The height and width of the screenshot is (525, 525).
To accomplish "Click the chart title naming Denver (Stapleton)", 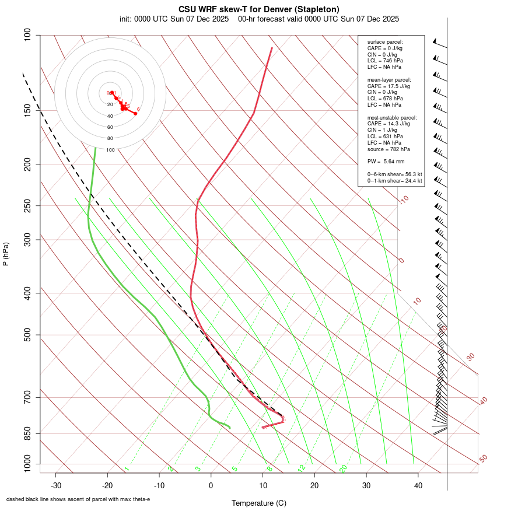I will (x=259, y=9).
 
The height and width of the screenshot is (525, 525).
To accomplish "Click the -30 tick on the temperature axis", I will (x=56, y=485).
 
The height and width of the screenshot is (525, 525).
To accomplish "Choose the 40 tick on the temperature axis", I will (x=418, y=485).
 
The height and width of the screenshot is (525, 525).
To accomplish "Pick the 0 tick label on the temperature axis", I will (x=211, y=485).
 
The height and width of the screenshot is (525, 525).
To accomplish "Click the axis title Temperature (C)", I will (x=258, y=503).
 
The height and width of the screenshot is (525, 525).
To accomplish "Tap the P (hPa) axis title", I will (x=6, y=254).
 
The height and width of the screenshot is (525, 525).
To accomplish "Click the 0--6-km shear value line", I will (x=394, y=174).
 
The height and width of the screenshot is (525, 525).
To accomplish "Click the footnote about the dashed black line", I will (x=78, y=499).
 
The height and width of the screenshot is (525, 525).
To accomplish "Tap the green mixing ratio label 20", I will (x=344, y=468).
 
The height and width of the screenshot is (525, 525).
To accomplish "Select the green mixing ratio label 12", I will (x=301, y=468).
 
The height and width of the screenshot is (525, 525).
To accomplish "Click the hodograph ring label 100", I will (x=110, y=150).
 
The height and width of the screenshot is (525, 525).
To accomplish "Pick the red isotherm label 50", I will (x=483, y=459).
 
